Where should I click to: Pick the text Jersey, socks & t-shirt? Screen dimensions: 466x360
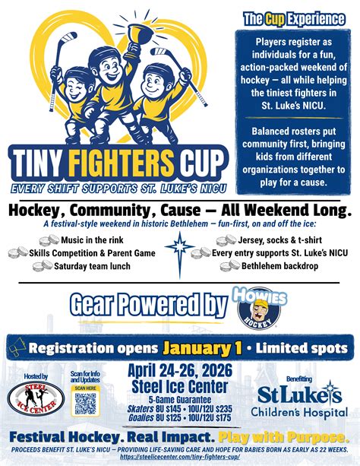point(281,240)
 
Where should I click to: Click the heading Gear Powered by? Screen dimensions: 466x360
point(149,305)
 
